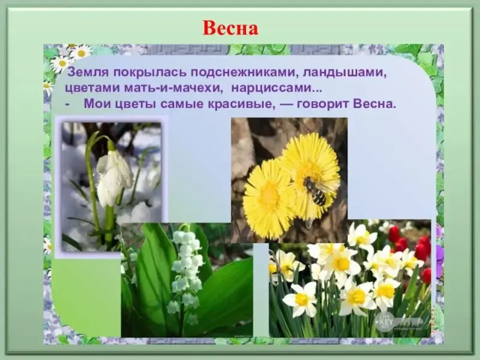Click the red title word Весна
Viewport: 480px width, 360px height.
(x=230, y=28)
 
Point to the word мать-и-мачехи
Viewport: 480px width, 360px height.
(x=172, y=88)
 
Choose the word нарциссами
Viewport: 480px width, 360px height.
(x=277, y=88)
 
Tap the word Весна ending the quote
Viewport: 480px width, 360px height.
(x=374, y=104)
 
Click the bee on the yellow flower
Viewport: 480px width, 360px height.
(x=314, y=191)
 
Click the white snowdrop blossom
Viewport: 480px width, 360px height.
(x=114, y=178)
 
